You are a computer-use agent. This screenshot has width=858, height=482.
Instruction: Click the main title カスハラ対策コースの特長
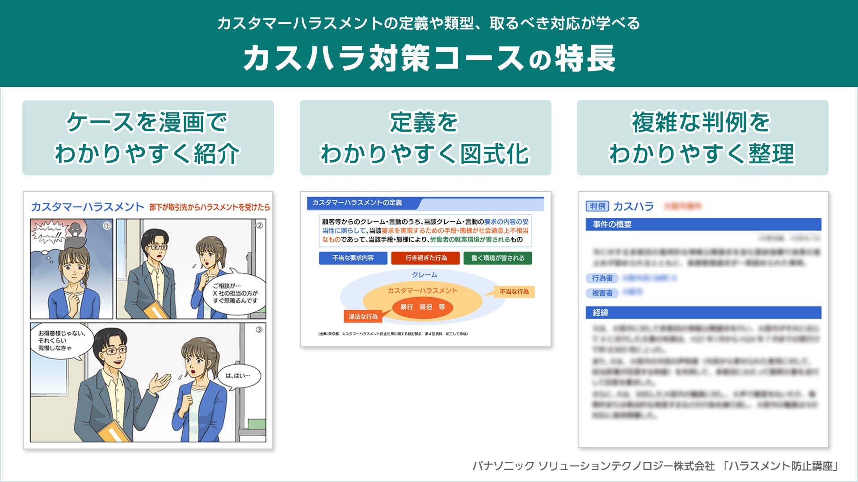click(429, 58)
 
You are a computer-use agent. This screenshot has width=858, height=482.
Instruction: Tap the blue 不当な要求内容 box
click(353, 258)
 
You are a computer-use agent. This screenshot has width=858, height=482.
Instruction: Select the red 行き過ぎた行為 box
click(425, 258)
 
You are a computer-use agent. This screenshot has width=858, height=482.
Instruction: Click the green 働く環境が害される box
click(497, 258)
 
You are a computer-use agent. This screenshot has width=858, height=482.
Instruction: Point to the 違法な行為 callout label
click(363, 316)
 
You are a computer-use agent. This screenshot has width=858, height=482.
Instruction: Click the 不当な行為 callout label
click(514, 291)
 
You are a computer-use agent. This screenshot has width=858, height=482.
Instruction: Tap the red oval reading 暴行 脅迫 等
click(422, 307)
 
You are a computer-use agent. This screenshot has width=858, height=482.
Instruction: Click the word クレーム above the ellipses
click(425, 275)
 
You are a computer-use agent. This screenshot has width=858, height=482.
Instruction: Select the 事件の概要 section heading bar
click(703, 224)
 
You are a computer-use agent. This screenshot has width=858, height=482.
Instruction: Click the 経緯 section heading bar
click(703, 312)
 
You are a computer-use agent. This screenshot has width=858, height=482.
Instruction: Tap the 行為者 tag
click(602, 278)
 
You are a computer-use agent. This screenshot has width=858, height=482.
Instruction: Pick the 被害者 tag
click(602, 293)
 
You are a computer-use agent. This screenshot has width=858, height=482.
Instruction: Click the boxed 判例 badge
click(597, 206)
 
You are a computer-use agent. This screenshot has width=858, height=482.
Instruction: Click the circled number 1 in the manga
click(107, 226)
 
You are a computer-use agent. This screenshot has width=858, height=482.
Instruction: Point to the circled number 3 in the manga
click(259, 330)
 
